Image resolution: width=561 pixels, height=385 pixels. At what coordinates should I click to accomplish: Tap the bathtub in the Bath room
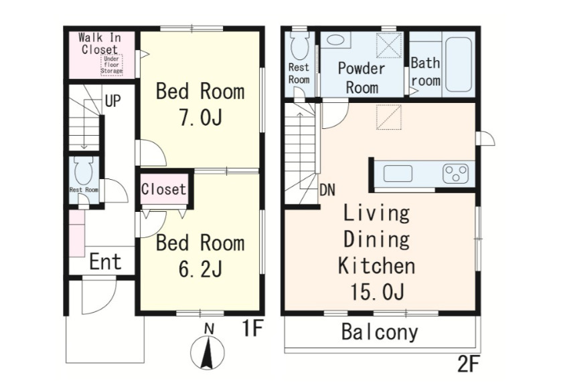pos(459,65)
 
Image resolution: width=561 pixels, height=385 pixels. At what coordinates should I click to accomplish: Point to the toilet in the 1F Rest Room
pos(84,170)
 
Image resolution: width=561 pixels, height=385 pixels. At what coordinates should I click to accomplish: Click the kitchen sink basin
pos(398,174)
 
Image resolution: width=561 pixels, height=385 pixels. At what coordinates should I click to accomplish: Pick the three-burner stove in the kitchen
pos(456,174)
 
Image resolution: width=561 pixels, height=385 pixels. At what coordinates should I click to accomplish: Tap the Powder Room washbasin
pos(335,39)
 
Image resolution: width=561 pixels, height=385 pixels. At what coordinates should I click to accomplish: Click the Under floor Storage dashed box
pos(112,65)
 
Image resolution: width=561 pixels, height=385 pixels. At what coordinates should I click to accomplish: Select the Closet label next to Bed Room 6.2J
pos(163,189)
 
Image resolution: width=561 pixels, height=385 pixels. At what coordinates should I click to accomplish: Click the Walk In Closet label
pos(100,43)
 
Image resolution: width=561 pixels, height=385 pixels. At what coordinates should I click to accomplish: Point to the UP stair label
pos(112,101)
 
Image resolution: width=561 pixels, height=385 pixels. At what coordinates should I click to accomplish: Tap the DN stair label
pos(327,190)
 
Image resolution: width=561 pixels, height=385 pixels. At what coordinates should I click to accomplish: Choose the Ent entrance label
pos(106,261)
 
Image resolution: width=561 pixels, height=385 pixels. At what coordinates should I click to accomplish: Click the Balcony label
pos(380,332)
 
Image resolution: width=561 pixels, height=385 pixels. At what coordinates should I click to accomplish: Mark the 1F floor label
pos(253,328)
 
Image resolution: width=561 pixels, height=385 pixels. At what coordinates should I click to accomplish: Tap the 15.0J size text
pos(377,292)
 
